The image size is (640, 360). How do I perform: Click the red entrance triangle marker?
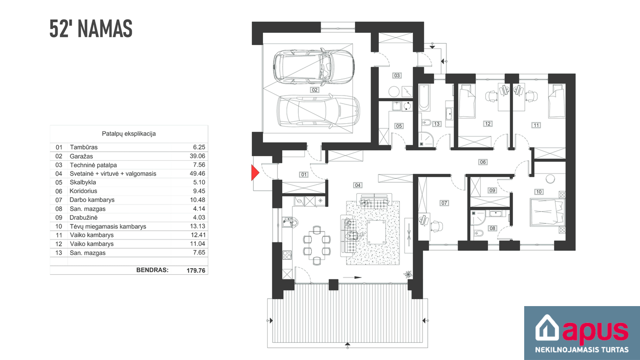pyautogui.click(x=255, y=172)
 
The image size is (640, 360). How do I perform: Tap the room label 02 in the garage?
pyautogui.click(x=315, y=90)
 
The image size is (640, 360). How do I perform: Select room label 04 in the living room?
pyautogui.click(x=358, y=185)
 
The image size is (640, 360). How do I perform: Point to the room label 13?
pyautogui.click(x=437, y=124)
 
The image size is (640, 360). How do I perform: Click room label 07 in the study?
pyautogui.click(x=444, y=203)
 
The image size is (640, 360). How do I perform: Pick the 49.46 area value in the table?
pyautogui.click(x=197, y=173)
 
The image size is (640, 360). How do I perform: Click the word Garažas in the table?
pyautogui.click(x=81, y=156)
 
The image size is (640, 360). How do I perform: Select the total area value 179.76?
pyautogui.click(x=196, y=270)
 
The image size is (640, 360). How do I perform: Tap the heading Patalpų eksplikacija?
pyautogui.click(x=129, y=134)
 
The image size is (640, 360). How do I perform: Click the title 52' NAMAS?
pyautogui.click(x=91, y=29)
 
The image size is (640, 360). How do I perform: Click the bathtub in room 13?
pyautogui.click(x=424, y=97)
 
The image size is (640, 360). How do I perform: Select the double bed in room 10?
pyautogui.click(x=547, y=213)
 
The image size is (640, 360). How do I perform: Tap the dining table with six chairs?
pyautogui.click(x=317, y=245)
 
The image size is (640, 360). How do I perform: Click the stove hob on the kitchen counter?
pyautogui.click(x=287, y=255)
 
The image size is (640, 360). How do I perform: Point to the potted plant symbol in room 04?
pyautogui.click(x=408, y=274)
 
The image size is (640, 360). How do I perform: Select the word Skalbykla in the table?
pyautogui.click(x=83, y=182)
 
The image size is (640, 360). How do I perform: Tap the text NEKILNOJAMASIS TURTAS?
pyautogui.click(x=582, y=350)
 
